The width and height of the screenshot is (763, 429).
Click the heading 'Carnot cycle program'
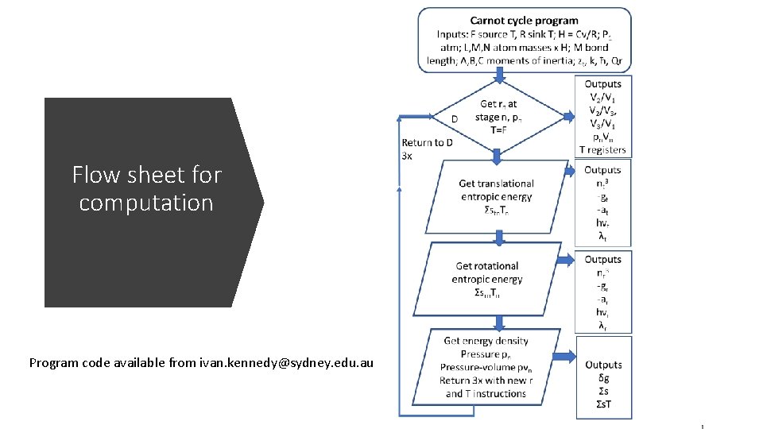pos(524,21)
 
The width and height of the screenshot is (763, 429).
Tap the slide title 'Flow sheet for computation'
pos(146,188)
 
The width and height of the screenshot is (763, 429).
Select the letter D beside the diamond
pos(454,119)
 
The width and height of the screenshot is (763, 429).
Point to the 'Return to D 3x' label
pos(427,149)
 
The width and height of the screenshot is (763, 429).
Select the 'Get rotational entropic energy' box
pos(486,279)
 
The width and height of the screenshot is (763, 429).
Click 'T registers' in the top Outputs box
pos(602,149)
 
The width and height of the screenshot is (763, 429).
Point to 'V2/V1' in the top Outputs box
pos(602,97)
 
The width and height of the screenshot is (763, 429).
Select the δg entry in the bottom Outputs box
pos(602,379)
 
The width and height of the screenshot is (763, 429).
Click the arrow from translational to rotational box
pos(499,236)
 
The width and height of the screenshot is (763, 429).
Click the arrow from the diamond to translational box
pos(499,157)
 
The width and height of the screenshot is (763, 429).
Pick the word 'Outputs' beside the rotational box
pos(602,259)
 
